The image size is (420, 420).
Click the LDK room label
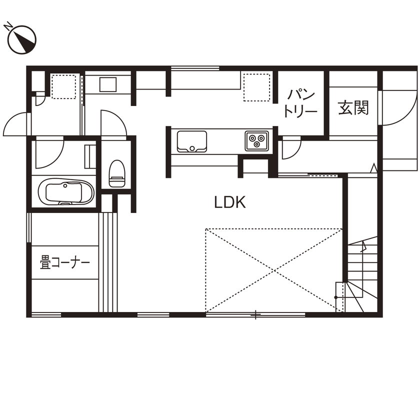point(229,202)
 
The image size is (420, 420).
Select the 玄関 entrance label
point(353,107)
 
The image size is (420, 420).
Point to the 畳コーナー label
point(65,262)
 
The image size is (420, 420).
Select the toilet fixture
point(116,173)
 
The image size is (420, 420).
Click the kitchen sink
point(191,141)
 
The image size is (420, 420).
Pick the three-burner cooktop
point(257,140)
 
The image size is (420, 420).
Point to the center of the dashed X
point(274,270)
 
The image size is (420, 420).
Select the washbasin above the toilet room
point(107,84)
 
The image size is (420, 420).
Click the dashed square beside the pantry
point(257,86)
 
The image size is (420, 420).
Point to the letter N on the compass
point(8,24)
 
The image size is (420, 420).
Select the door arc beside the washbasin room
point(112,122)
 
